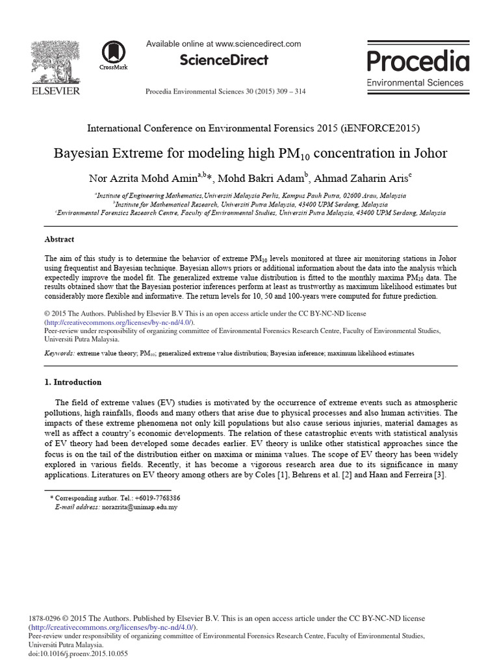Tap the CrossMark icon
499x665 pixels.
point(114,55)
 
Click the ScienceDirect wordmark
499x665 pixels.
point(224,60)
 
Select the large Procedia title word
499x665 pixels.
point(418,61)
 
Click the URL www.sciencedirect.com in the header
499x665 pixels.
point(258,44)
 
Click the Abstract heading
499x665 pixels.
point(59,239)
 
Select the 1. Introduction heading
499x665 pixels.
point(73,382)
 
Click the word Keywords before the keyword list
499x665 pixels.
point(59,353)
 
